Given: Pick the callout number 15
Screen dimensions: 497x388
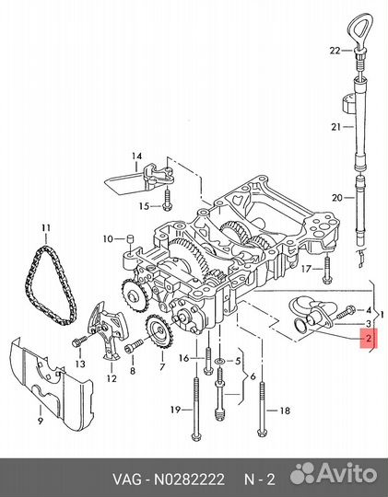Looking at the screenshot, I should [x=144, y=205].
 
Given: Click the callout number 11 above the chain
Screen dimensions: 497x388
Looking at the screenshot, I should [x=44, y=226].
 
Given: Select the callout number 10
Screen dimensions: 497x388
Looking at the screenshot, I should [x=108, y=239].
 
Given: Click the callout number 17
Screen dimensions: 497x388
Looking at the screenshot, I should [x=308, y=269].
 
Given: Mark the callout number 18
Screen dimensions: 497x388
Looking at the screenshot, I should [x=284, y=410].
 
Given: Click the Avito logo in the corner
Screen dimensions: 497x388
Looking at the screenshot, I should [x=333, y=475].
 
